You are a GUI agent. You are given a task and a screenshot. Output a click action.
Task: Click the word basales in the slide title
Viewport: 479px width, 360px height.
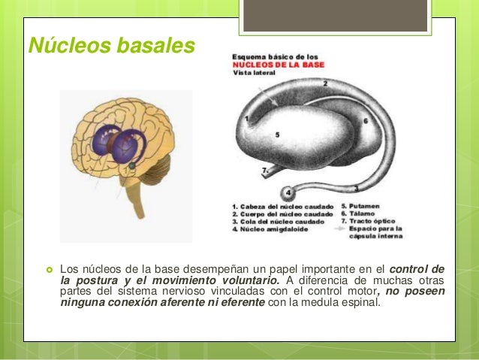coord(154,47)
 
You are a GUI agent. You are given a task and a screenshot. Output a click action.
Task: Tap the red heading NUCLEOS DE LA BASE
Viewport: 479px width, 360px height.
coord(276,65)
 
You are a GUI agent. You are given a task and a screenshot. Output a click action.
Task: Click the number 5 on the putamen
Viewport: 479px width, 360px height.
coord(277,135)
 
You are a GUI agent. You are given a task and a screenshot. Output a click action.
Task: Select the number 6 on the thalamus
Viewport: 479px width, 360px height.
coord(365,120)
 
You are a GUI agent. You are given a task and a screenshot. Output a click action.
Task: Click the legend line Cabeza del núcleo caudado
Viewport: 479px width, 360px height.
coord(282,204)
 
